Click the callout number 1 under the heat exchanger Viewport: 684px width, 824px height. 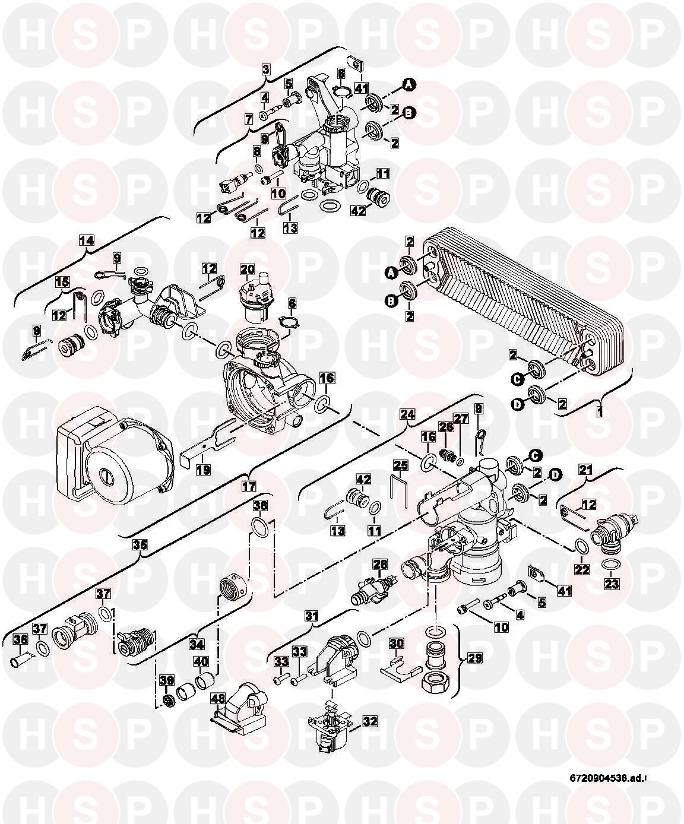599,410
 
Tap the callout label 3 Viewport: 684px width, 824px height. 267,69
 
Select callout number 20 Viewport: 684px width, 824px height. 247,270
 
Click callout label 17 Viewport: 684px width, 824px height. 248,485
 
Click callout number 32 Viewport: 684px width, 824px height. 370,721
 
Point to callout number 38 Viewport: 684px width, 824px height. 260,505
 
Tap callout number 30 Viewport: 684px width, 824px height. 396,642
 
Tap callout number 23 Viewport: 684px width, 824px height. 612,584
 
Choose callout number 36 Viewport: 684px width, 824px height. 20,639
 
